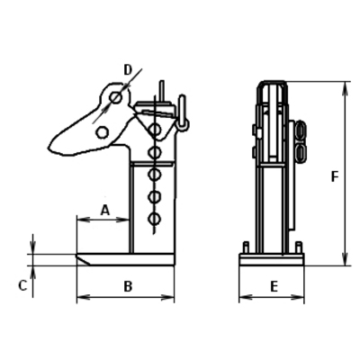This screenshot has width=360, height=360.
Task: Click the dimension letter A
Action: click(105, 210)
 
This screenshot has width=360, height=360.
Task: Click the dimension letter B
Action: click(128, 286)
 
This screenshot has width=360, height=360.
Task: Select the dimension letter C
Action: click(22, 285)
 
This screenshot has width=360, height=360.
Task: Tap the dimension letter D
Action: click(128, 70)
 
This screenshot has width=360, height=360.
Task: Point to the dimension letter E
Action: click(274, 287)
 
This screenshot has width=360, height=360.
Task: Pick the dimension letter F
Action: click(335, 176)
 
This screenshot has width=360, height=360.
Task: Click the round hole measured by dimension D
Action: click(115, 97)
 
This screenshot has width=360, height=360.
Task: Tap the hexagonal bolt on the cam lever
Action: click(103, 132)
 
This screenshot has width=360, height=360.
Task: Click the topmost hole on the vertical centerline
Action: click(155, 130)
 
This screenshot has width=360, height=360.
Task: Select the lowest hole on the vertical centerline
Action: click(155, 219)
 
